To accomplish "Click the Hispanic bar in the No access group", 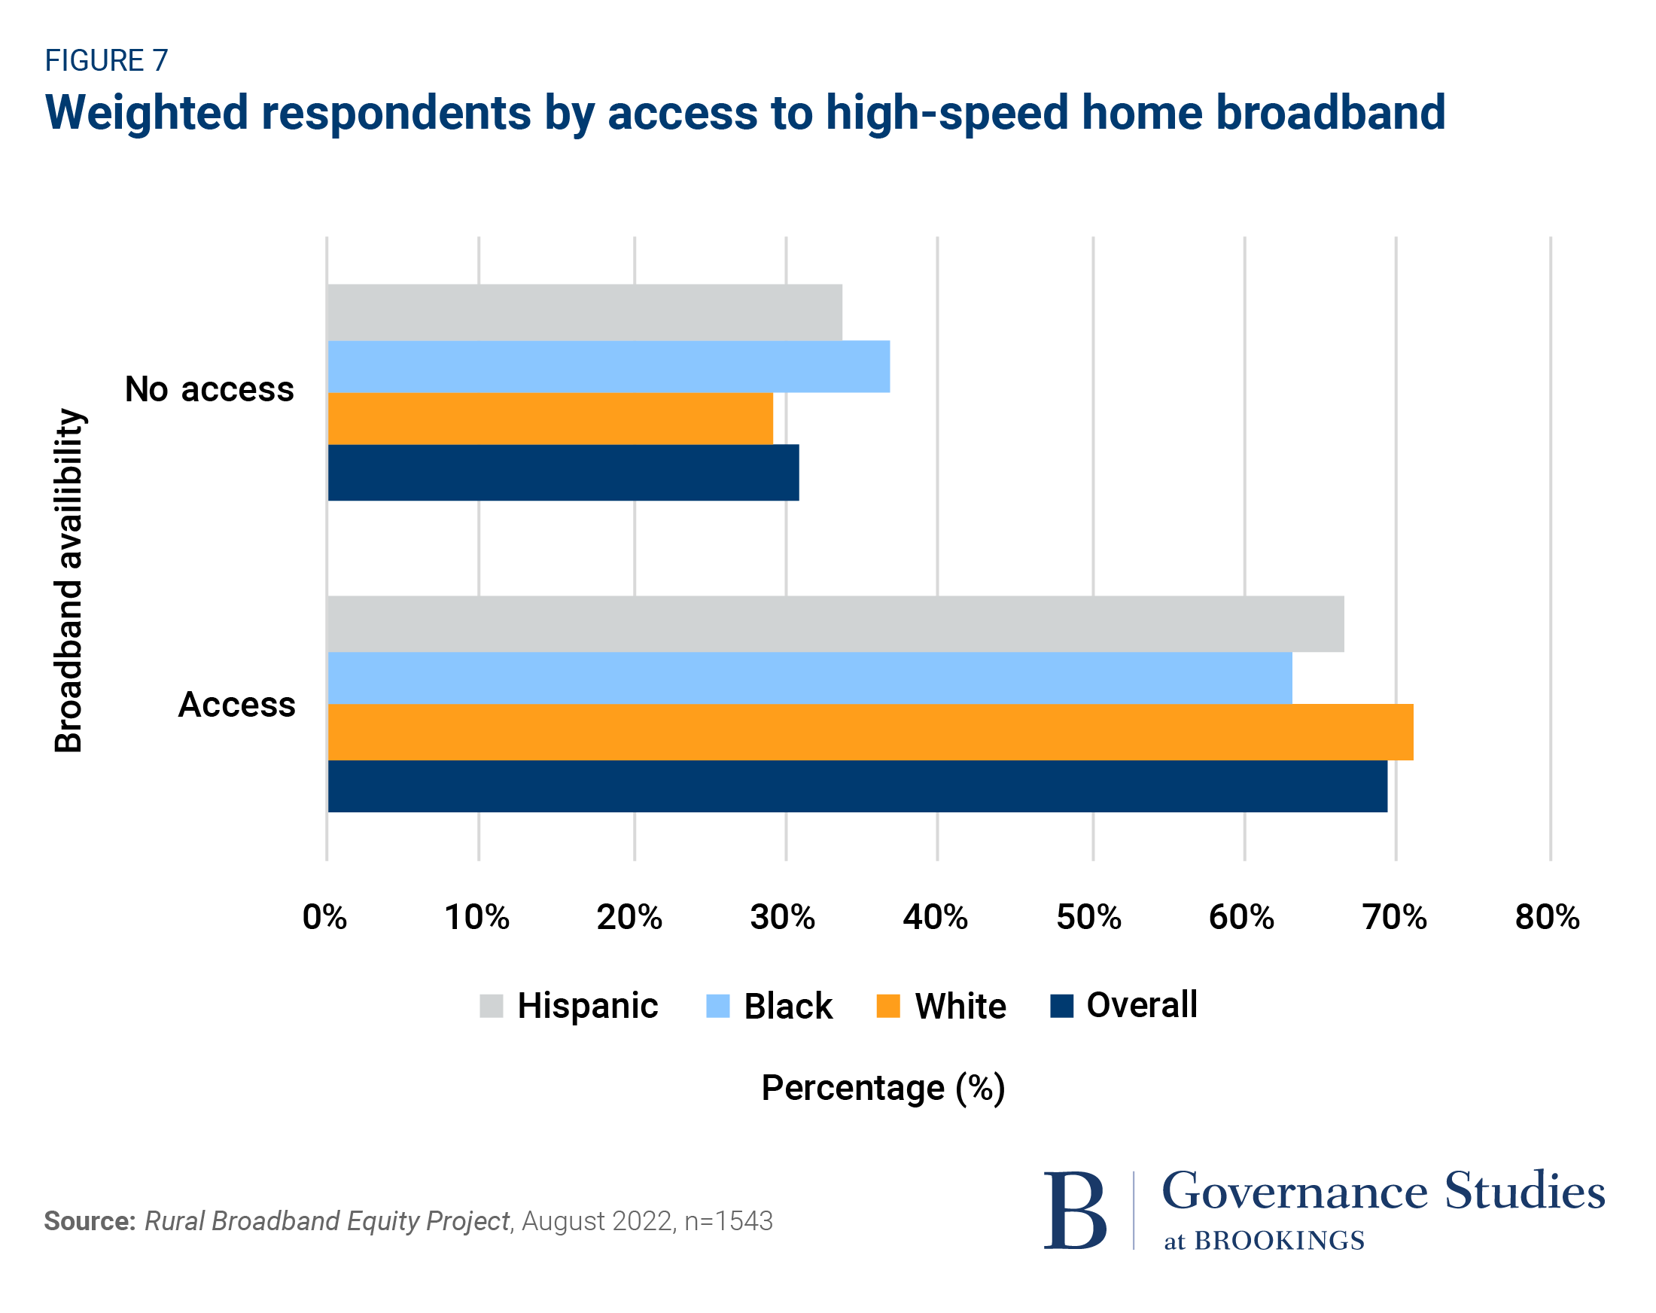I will pyautogui.click(x=584, y=312).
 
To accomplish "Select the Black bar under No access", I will pyautogui.click(x=608, y=367).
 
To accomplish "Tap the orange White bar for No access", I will pyautogui.click(x=550, y=419).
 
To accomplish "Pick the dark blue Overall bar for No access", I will pyautogui.click(x=563, y=473).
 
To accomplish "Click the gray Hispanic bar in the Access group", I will pyautogui.click(x=835, y=624).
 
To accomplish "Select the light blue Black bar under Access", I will pyautogui.click(x=810, y=678).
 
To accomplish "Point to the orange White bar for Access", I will pyautogui.click(x=869, y=731).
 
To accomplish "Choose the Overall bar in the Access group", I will pyautogui.click(x=857, y=786).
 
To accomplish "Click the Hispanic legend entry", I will pyautogui.click(x=569, y=1006).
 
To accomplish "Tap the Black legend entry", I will pyautogui.click(x=769, y=1006).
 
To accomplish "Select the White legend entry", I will pyautogui.click(x=941, y=1006).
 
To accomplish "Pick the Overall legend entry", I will pyautogui.click(x=1124, y=1005).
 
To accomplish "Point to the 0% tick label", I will pyautogui.click(x=325, y=916).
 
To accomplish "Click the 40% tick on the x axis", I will pyautogui.click(x=935, y=916).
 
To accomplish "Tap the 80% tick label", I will pyautogui.click(x=1546, y=916).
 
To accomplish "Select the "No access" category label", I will pyautogui.click(x=209, y=388).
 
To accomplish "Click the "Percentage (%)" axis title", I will pyautogui.click(x=882, y=1088).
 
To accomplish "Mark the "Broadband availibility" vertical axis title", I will pyautogui.click(x=69, y=580).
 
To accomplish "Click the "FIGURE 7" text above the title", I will pyautogui.click(x=106, y=61).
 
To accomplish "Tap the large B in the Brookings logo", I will pyautogui.click(x=1075, y=1211).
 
